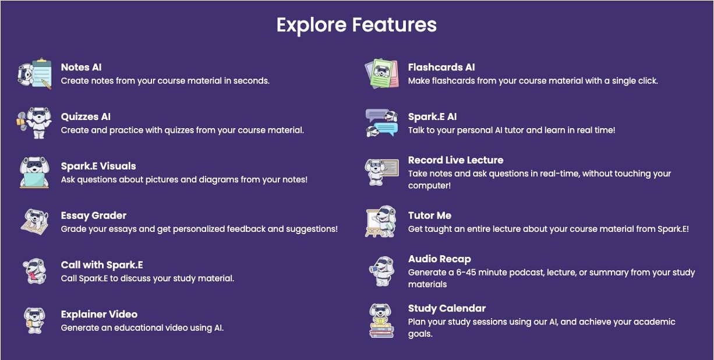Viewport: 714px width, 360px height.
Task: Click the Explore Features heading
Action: (356, 25)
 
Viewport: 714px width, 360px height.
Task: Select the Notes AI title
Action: (82, 67)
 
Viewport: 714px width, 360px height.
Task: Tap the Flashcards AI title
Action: (441, 67)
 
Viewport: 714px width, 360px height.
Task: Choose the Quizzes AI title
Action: (86, 117)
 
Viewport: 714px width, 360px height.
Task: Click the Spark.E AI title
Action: (432, 117)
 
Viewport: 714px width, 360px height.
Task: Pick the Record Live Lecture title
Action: (456, 160)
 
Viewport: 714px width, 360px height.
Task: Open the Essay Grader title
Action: (94, 216)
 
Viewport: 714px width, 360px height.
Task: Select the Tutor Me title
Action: (430, 216)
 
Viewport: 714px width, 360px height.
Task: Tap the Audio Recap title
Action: (440, 259)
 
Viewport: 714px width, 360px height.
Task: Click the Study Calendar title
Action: (447, 308)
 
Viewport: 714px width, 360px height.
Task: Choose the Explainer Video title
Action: (99, 315)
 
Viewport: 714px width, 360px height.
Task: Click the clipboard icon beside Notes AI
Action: (34, 73)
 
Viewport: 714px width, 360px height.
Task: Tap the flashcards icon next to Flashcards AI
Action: (381, 73)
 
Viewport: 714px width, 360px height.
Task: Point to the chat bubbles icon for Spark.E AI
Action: (381, 123)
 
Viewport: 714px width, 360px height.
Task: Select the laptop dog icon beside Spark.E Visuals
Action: (34, 172)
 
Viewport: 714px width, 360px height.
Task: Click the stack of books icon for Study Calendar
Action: (381, 321)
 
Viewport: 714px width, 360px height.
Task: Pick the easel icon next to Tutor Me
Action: (381, 221)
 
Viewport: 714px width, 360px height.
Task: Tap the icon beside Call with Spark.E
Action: (34, 271)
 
